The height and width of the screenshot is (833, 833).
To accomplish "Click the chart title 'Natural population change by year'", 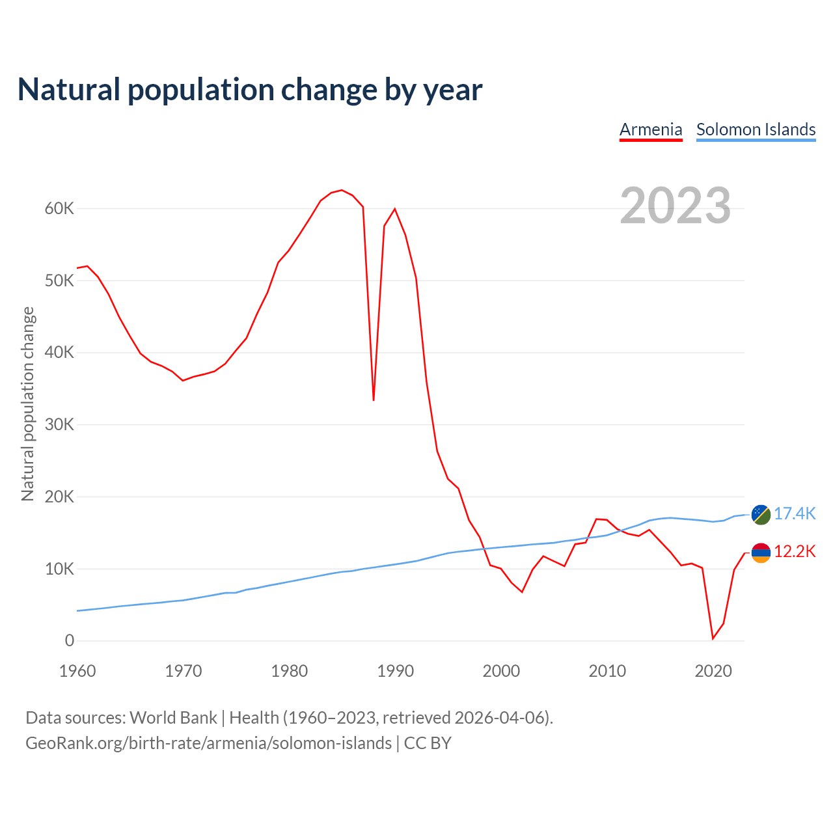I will (250, 90).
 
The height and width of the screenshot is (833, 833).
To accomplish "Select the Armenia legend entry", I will (651, 130).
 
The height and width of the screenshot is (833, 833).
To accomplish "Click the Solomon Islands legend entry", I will (756, 130).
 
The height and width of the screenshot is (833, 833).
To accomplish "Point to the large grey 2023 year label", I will (676, 206).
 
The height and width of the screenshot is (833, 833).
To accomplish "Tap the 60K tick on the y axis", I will (59, 209).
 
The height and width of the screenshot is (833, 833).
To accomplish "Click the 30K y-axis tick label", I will (59, 425).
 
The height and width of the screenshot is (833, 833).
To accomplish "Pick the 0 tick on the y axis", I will (69, 641).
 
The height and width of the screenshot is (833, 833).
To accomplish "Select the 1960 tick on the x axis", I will (77, 671).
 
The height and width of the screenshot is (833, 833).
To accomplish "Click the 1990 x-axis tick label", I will (396, 671).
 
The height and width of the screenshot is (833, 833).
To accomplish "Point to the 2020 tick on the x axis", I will (713, 671).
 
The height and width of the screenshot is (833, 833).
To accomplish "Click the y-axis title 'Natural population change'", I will (27, 403).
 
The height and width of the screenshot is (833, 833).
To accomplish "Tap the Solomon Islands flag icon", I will (761, 514).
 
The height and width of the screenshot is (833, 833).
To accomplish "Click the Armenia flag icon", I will (761, 553).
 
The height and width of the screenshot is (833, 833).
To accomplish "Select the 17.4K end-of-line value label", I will (795, 513).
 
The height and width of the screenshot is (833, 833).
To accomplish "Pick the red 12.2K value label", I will (795, 552).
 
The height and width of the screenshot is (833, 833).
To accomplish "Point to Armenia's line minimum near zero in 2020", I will (713, 638).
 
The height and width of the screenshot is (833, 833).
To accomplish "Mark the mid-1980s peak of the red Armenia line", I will (342, 190).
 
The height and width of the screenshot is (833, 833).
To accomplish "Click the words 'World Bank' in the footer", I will (173, 717).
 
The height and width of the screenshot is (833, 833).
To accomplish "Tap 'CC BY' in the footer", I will (428, 743).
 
